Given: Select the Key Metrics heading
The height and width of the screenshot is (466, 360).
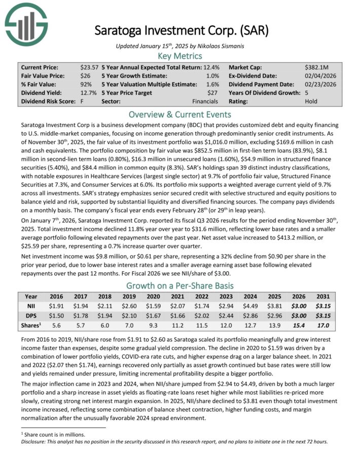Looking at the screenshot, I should pyautogui.click(x=180, y=56).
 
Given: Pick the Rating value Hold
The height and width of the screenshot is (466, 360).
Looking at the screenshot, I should pyautogui.click(x=311, y=101).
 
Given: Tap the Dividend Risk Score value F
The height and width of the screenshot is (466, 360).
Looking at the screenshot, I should pyautogui.click(x=82, y=101).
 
